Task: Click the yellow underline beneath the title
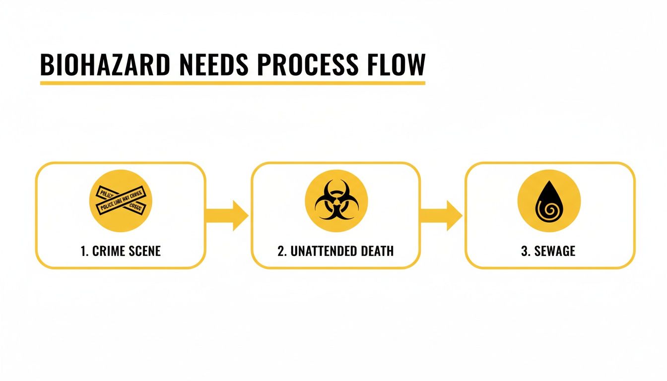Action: (x=232, y=82)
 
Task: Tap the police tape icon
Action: (x=121, y=201)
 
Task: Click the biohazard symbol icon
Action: (x=336, y=201)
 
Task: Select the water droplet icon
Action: (x=549, y=201)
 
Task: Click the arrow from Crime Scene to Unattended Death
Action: (x=227, y=215)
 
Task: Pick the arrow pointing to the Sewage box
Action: (x=441, y=215)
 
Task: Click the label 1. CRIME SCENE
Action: (x=121, y=251)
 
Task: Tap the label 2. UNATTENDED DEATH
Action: (x=335, y=251)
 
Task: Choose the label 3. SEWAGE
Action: (x=548, y=251)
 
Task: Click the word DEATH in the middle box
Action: (x=376, y=251)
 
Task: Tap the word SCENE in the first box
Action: (x=144, y=251)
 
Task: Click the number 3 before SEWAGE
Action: (x=524, y=251)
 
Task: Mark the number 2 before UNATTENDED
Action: (x=281, y=251)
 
